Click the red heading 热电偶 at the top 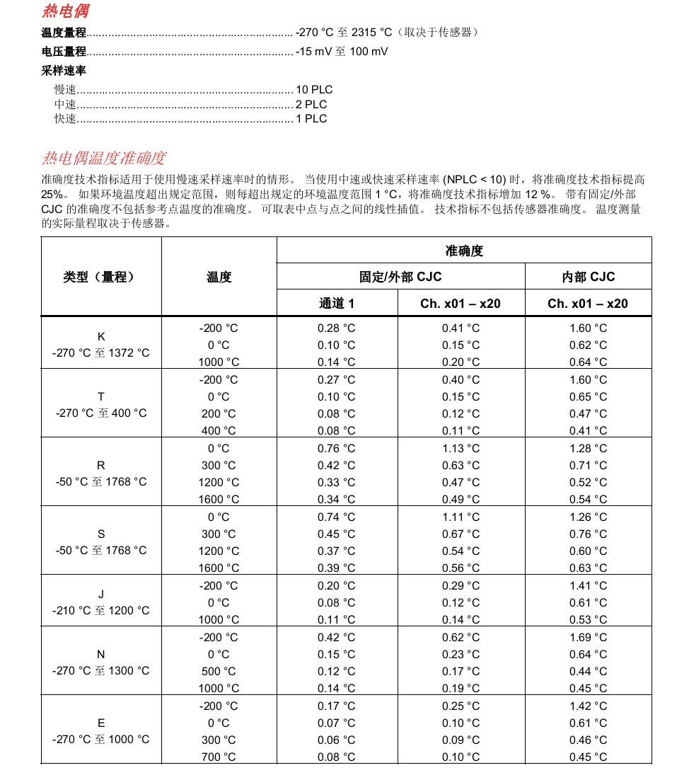coord(65,11)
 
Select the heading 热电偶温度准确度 coord(104,158)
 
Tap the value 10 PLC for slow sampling coord(314,90)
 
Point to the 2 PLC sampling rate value coord(311,104)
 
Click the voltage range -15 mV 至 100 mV coord(342,52)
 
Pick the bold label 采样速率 coord(64,71)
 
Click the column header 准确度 coord(464,251)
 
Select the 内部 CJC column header coord(588,277)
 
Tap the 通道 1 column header coord(336,303)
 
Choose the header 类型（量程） coord(100,277)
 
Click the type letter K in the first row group coord(101,337)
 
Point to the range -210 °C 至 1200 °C coord(101,610)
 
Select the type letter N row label coord(101,654)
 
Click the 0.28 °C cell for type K coord(336,328)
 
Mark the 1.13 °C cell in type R coord(461,448)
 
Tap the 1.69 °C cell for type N coord(588,637)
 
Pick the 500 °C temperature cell coord(219,671)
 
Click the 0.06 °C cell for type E coord(336,740)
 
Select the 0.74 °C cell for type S coord(336,517)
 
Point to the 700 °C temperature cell coord(219,757)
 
